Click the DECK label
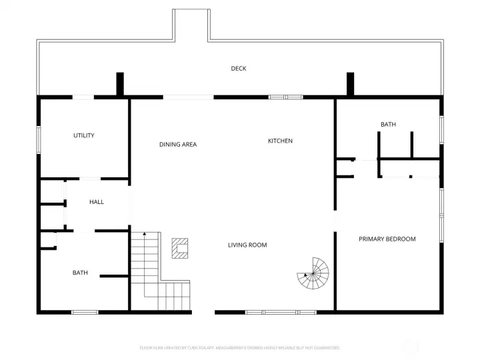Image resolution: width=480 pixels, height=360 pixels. pyautogui.click(x=239, y=69)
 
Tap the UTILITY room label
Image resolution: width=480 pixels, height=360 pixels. pyautogui.click(x=84, y=135)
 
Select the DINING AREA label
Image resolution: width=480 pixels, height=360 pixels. pyautogui.click(x=178, y=144)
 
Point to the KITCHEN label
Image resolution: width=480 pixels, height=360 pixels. pyautogui.click(x=280, y=141)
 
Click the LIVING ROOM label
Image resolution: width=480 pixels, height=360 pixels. pyautogui.click(x=247, y=245)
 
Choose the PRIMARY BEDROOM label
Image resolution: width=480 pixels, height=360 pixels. pyautogui.click(x=387, y=239)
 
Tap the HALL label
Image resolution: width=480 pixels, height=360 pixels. pyautogui.click(x=97, y=202)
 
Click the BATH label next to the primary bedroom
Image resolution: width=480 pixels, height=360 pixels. pyautogui.click(x=388, y=124)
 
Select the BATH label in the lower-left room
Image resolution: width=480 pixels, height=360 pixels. pyautogui.click(x=80, y=272)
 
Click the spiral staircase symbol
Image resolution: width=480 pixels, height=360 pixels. pyautogui.click(x=314, y=274)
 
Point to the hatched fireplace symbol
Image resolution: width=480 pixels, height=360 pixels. pyautogui.click(x=180, y=248)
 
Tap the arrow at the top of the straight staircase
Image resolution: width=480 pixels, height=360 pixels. pyautogui.click(x=144, y=234)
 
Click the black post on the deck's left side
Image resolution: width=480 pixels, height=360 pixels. pyautogui.click(x=120, y=84)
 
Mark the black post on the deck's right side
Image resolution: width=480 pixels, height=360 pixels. pyautogui.click(x=350, y=84)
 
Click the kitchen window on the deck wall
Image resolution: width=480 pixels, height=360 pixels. pyautogui.click(x=286, y=97)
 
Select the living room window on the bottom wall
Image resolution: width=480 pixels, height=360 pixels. pyautogui.click(x=281, y=311)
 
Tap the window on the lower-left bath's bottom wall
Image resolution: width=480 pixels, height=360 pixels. pyautogui.click(x=85, y=311)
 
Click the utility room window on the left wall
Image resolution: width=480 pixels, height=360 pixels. pyautogui.click(x=38, y=139)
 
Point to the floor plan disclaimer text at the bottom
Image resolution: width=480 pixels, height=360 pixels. pyautogui.click(x=240, y=347)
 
